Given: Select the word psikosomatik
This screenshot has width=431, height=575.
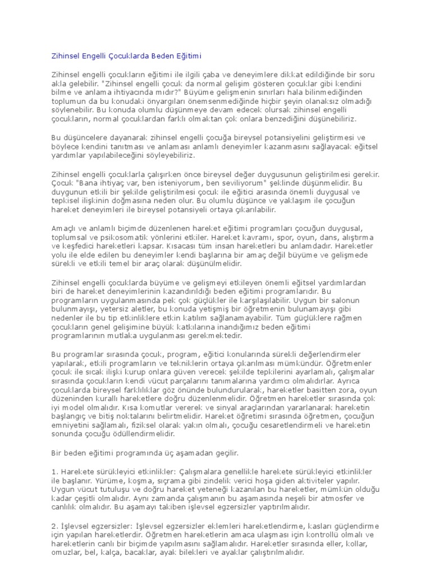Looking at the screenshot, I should click(120, 238).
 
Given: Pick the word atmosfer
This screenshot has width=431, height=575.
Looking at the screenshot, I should click(345, 498).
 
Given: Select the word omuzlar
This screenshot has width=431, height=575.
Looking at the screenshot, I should click(63, 553).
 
